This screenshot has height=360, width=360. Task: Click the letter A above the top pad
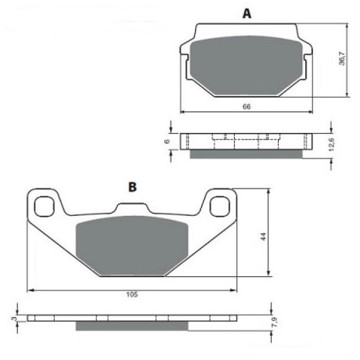(x=247, y=13)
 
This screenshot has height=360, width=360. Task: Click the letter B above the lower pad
(x=132, y=187)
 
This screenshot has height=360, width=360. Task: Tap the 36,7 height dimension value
(x=342, y=59)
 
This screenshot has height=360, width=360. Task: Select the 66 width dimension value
(x=247, y=106)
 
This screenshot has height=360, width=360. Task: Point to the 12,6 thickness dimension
(x=331, y=145)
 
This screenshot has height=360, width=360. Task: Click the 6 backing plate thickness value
(x=167, y=142)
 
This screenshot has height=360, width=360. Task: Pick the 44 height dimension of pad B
(x=263, y=236)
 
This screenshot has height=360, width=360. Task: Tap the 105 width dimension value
(x=132, y=294)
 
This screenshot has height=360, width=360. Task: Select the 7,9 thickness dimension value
(x=275, y=323)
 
